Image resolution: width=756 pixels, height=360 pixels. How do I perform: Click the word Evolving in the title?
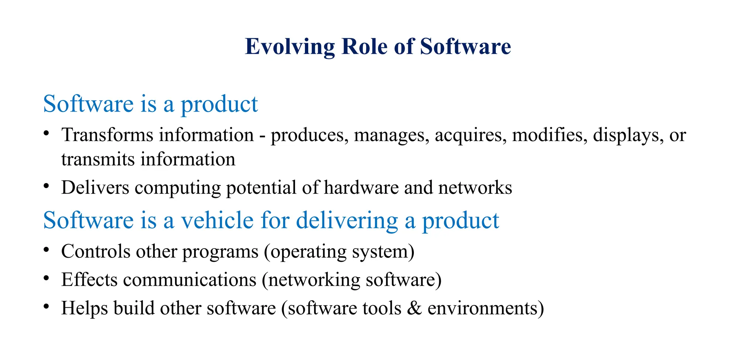(290, 47)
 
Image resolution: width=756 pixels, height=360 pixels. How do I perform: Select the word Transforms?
(107, 135)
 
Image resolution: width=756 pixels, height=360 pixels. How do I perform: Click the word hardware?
(361, 188)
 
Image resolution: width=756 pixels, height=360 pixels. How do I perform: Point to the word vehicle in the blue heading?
(217, 220)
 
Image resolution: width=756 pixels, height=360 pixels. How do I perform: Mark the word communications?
(190, 280)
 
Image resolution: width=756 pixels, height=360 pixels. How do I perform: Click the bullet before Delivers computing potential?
(46, 186)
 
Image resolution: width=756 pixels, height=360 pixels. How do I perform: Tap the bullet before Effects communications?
(46, 278)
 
